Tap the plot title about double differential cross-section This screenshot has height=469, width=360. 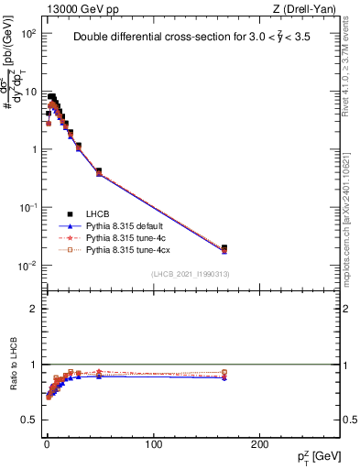191,38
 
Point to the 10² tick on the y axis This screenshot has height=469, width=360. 29,33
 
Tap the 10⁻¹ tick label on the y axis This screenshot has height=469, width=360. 28,208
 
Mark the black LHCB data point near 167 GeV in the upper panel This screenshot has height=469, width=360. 224,247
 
